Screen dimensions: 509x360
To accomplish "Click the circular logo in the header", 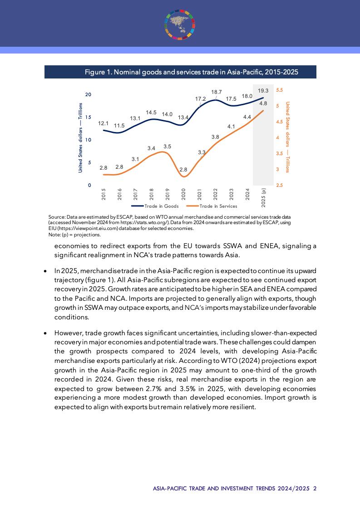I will point(180,24).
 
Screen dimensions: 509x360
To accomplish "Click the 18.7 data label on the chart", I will point(217,92).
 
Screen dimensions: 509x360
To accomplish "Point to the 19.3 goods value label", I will point(263,91).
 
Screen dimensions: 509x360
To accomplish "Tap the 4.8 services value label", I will point(263,103).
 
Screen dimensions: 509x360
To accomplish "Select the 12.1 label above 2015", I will point(103,123).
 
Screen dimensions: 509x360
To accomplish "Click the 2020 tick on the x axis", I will point(184,194).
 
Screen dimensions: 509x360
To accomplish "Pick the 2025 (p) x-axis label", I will point(264,196).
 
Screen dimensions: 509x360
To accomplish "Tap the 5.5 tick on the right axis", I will point(279,90).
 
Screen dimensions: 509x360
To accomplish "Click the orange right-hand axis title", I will point(287,137).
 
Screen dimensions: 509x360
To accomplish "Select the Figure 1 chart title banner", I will point(180,72).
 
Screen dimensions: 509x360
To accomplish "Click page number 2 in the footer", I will point(315,489).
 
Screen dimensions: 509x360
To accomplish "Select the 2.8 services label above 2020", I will point(184,170).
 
